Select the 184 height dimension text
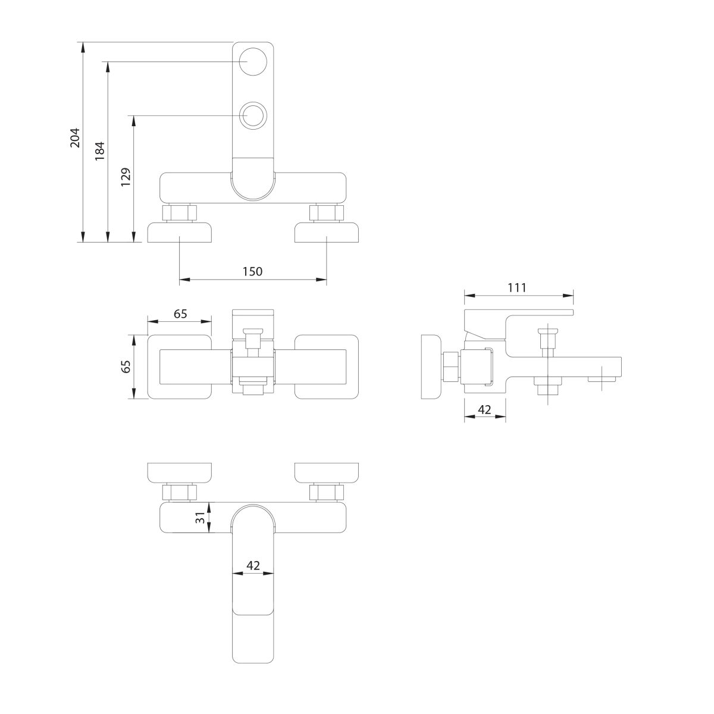(100, 151)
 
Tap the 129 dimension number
(125, 178)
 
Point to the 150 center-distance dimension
(252, 271)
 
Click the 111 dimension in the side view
(517, 288)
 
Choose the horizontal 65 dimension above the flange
(180, 314)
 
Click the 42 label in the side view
(484, 409)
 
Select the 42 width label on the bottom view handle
(253, 566)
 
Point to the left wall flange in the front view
(180, 233)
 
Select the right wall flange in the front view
(327, 233)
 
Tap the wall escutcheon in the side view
(430, 367)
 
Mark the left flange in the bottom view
(180, 472)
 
